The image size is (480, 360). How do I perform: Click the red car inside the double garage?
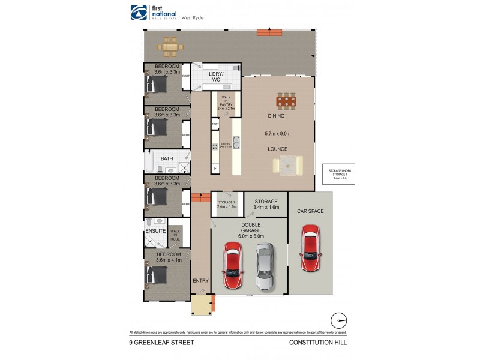[x=233, y=266]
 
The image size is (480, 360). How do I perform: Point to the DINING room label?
[x=276, y=116]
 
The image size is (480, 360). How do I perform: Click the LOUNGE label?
[x=277, y=148]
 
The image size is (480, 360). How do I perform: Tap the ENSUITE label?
[x=156, y=230]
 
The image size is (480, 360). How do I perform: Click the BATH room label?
[x=167, y=158]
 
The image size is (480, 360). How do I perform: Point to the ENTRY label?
[x=200, y=280]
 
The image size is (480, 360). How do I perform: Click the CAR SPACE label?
[x=310, y=211]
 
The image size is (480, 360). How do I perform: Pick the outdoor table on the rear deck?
[x=170, y=46]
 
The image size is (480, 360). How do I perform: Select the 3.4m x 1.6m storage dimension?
[x=266, y=208]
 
